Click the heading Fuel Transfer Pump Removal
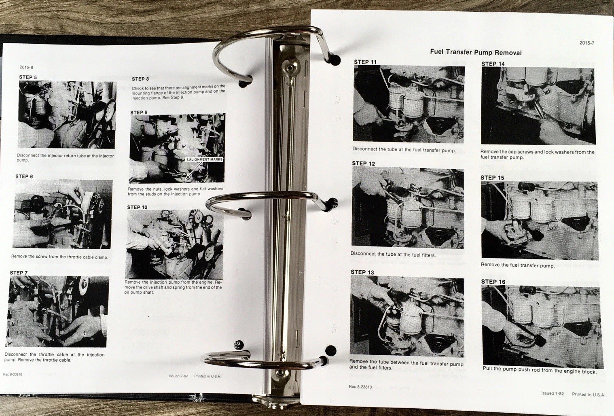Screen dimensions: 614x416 point(476,52)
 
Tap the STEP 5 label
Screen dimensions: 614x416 point(28,77)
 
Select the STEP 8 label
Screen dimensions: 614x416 point(140,79)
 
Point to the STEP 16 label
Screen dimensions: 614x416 point(493,282)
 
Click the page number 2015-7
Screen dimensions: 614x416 point(587,43)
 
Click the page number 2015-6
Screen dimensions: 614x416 point(26,67)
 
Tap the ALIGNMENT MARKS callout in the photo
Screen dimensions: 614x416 point(204,159)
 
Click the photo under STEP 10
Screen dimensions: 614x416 point(174,244)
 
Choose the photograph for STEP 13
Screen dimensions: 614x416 point(407,316)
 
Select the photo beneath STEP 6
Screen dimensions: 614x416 point(63,214)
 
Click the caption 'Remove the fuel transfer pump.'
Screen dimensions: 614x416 point(518,265)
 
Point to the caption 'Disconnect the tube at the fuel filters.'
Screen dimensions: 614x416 point(393,254)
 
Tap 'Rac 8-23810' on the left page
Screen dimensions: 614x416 point(13,374)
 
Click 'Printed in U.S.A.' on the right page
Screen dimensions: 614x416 point(588,394)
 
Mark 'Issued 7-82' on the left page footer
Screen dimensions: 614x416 point(178,376)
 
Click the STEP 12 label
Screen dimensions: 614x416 point(363,163)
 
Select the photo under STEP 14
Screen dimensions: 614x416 point(538,106)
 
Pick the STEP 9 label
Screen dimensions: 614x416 point(139,112)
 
